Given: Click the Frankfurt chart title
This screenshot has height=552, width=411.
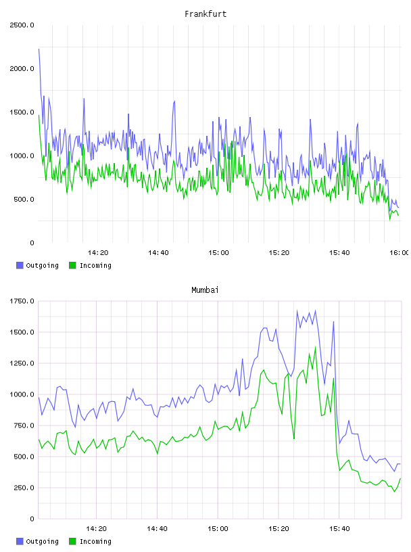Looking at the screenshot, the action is (x=205, y=14).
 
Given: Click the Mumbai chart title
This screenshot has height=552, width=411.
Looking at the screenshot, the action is (x=205, y=290).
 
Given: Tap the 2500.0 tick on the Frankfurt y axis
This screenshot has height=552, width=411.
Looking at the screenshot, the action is (x=22, y=25).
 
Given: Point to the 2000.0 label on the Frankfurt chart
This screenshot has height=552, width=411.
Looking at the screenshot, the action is (x=22, y=68).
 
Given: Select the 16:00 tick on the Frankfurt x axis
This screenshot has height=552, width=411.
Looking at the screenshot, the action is (x=400, y=252).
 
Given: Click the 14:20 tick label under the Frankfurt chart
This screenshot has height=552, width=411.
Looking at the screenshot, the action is (x=98, y=252).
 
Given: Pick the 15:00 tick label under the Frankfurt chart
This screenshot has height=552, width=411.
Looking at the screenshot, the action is (x=218, y=252).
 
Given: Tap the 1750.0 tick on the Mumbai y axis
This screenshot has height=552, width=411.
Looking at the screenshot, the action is (x=22, y=301).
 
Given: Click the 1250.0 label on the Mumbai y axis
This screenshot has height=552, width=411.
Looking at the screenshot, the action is (x=22, y=363).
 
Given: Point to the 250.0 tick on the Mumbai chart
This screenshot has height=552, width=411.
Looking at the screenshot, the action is (x=24, y=488).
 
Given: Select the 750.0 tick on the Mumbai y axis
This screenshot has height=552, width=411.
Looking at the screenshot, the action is (x=24, y=425).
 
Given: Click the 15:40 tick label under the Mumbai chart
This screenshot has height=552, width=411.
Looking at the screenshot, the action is (x=339, y=528).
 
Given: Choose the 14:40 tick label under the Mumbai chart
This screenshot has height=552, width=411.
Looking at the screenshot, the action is (x=157, y=528).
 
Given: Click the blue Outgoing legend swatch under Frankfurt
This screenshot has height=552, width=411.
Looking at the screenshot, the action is (x=20, y=265).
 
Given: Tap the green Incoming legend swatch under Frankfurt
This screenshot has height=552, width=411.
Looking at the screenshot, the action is (x=72, y=265).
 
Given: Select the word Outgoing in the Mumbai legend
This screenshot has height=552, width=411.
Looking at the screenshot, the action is (x=42, y=541).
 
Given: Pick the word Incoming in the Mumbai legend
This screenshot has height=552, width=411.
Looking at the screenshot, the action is (x=95, y=541).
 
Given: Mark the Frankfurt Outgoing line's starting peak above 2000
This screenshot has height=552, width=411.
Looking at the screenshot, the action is (x=39, y=49).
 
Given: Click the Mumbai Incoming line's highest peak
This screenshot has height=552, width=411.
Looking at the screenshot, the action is (x=315, y=347).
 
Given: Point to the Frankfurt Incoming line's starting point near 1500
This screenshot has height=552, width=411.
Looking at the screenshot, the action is (x=39, y=116).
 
